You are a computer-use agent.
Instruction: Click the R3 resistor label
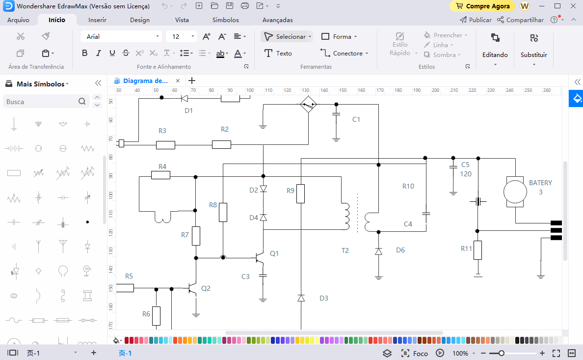(x=162, y=131)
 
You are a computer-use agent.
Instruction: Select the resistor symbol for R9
(x=300, y=194)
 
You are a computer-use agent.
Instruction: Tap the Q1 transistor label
(x=274, y=253)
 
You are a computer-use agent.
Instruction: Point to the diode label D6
(x=400, y=250)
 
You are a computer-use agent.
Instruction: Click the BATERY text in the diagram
(x=540, y=183)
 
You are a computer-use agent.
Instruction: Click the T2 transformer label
(x=345, y=250)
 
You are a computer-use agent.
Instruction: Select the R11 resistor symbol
(x=477, y=250)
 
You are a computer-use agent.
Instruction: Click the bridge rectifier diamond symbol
(x=308, y=105)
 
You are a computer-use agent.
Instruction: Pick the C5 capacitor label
(x=465, y=165)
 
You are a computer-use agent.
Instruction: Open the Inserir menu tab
(x=97, y=20)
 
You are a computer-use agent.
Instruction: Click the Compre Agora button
(x=482, y=6)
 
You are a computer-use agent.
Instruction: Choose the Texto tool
(x=278, y=53)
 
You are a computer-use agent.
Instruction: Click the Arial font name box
(x=120, y=36)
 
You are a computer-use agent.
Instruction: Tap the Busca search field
(x=41, y=102)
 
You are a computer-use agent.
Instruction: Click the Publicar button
(x=476, y=20)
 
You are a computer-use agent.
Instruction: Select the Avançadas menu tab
(x=277, y=20)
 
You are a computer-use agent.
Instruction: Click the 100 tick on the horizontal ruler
(x=250, y=90)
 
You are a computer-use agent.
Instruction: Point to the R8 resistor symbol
(x=223, y=212)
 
